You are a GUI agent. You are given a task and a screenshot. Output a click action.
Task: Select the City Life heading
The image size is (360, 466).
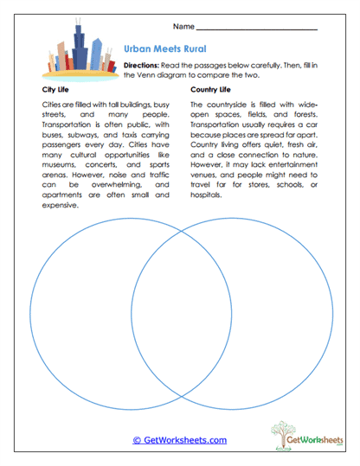click(x=57, y=89)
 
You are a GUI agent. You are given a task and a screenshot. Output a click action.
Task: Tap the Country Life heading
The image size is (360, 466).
click(x=211, y=89)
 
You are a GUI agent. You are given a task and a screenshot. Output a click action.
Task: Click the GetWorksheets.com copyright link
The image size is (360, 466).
click(x=179, y=440)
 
